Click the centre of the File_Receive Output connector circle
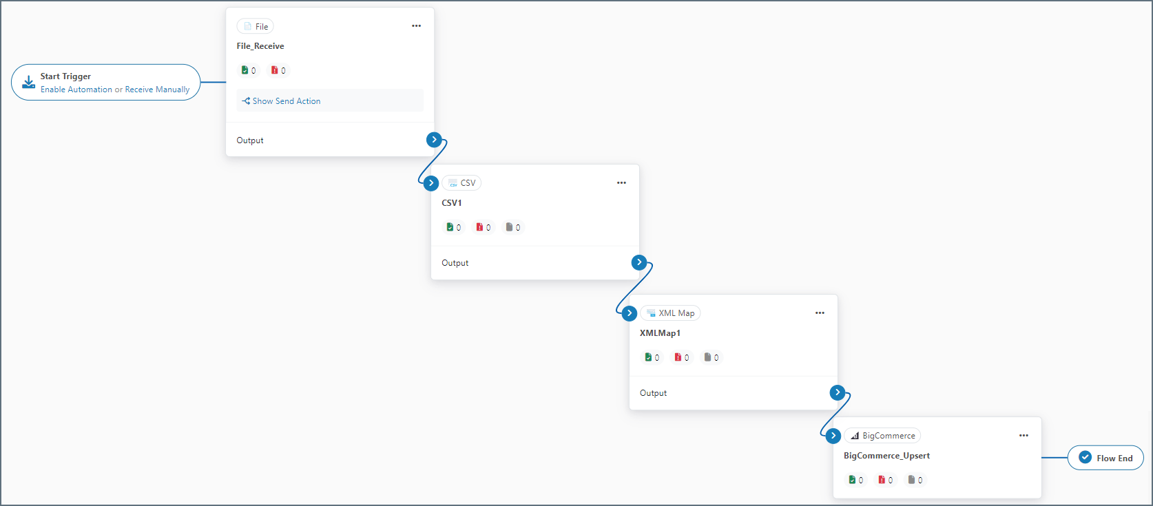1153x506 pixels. click(x=434, y=139)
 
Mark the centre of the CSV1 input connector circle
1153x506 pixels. click(x=431, y=183)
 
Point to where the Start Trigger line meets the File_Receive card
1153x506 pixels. click(x=226, y=83)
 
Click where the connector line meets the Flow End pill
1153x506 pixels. click(x=1068, y=458)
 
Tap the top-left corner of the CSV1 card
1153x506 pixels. click(x=431, y=165)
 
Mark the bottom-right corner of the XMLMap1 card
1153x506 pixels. click(x=838, y=410)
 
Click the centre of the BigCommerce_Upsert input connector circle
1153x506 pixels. click(x=833, y=436)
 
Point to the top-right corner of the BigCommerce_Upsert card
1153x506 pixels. click(x=1041, y=418)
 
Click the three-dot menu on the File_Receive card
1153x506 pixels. click(x=417, y=25)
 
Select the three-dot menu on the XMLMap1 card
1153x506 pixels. click(x=820, y=313)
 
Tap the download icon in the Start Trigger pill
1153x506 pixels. click(x=29, y=83)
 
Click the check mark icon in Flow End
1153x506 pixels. click(x=1085, y=457)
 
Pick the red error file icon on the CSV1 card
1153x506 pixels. click(x=479, y=226)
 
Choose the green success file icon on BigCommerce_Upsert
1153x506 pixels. click(x=852, y=479)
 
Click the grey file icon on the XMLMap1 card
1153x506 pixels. click(x=707, y=357)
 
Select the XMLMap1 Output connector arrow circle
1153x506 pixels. click(x=838, y=392)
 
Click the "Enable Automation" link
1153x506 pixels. click(x=76, y=89)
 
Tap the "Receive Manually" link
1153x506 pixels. click(x=157, y=89)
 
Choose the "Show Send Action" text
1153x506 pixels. click(x=287, y=101)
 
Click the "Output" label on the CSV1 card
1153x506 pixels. click(x=455, y=263)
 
